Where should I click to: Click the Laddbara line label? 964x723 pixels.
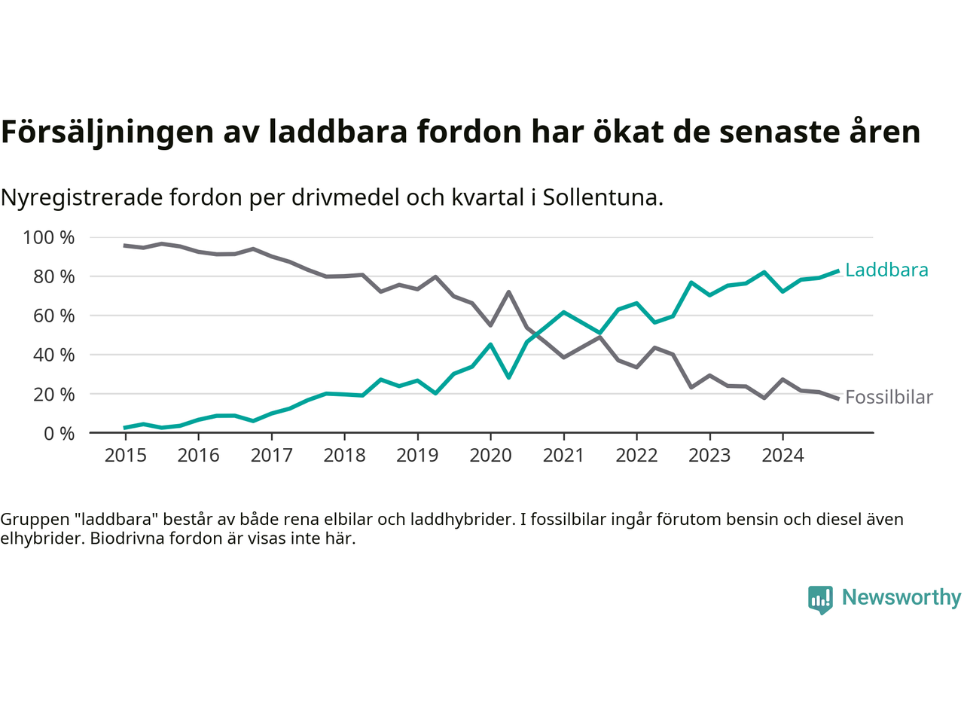point(886,270)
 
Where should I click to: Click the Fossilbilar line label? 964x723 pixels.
point(889,398)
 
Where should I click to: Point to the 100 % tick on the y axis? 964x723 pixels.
point(49,238)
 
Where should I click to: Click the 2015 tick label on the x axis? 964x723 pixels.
point(125,456)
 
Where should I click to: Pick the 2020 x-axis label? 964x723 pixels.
point(490,456)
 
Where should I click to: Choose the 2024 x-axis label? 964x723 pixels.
point(782,456)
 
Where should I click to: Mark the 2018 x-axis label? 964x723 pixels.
point(344,456)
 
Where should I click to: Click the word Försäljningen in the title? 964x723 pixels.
point(107,133)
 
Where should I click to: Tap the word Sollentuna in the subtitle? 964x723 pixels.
point(602,198)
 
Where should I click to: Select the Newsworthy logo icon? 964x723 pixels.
point(820,599)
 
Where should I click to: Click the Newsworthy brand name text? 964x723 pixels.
point(901,597)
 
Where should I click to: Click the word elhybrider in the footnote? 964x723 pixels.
point(41,539)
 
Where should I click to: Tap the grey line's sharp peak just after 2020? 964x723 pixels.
point(509,292)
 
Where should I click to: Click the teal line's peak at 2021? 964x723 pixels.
point(563,312)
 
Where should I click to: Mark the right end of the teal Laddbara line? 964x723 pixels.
point(837,271)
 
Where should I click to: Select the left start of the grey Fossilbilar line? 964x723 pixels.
point(125,246)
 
